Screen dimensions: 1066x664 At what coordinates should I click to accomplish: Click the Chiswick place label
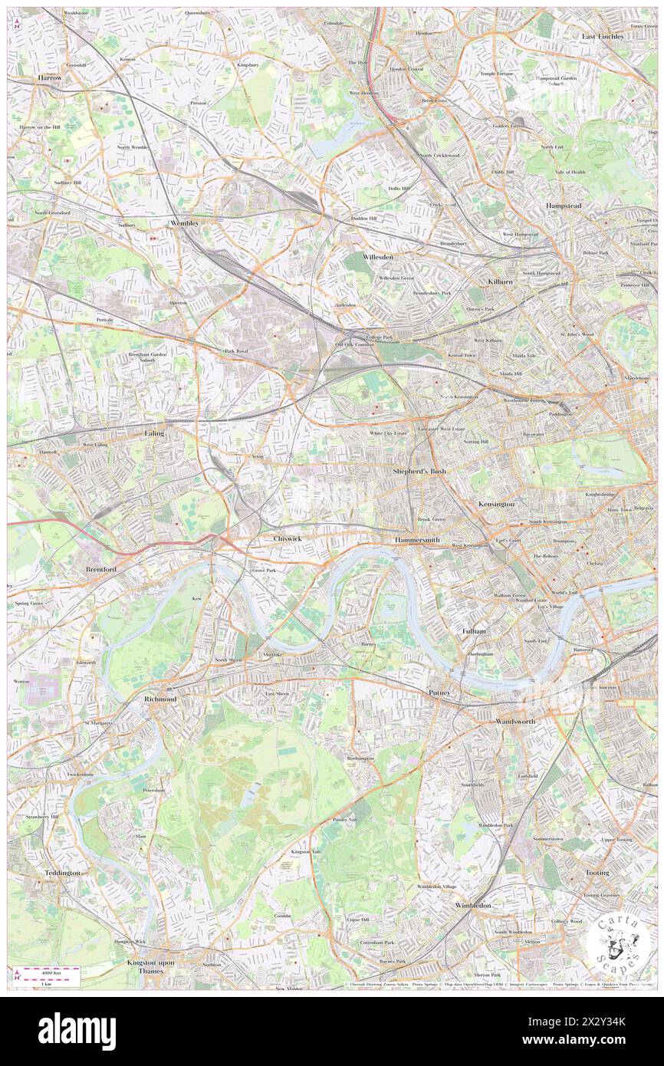[288, 539]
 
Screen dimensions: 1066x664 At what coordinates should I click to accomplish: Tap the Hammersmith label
[417, 541]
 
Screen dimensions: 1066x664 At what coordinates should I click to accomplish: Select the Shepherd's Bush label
[419, 471]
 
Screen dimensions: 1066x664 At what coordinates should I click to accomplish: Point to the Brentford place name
[100, 571]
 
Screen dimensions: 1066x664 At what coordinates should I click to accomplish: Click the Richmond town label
[160, 699]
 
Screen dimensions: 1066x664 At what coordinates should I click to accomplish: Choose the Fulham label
[474, 630]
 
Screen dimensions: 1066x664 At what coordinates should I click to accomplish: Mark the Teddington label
[62, 873]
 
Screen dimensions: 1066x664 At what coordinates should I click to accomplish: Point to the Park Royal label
[235, 351]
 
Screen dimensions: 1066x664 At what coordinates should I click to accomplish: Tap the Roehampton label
[360, 758]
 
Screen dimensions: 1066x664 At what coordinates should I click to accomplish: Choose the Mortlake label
[273, 654]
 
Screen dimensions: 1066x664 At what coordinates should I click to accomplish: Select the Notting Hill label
[475, 442]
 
